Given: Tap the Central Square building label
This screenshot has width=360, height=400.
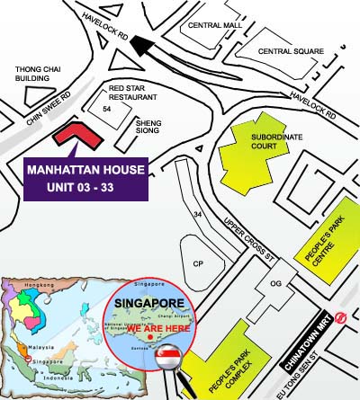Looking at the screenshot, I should point(291,51).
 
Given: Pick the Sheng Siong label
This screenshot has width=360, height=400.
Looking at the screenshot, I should point(149,127).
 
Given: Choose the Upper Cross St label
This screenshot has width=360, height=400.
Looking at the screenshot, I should point(256,235).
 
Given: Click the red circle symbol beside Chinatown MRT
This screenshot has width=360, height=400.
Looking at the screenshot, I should point(339,316).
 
